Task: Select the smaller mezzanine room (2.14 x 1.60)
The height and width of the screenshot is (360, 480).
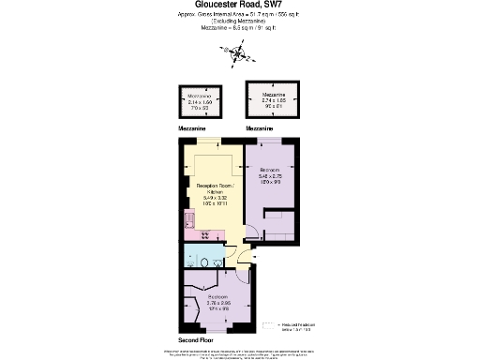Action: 199,102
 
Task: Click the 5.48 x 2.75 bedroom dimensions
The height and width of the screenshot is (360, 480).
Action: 273,177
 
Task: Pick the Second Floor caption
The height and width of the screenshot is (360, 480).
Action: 196,338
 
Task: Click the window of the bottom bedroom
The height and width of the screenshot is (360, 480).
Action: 216,331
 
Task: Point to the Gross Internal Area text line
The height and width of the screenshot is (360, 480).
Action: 239,18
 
